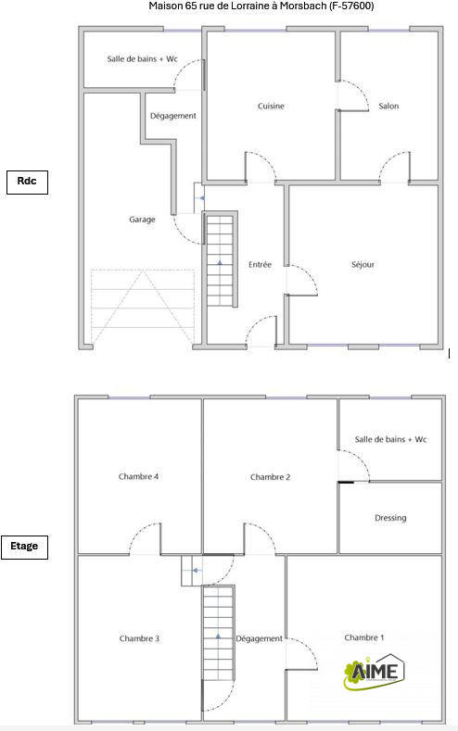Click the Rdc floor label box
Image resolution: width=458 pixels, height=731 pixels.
[x=26, y=182]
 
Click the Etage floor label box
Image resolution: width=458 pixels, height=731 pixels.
[x=25, y=546]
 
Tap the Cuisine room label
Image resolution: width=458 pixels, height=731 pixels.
[x=271, y=107]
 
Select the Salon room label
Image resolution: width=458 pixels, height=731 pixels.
[x=388, y=107]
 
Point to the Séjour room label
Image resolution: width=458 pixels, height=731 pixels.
[x=363, y=265]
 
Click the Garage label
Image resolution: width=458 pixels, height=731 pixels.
[x=142, y=220]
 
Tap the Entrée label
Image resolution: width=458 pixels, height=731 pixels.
[x=261, y=265]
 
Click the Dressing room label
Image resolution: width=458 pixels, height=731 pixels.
[x=390, y=518]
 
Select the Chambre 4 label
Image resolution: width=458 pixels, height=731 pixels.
[x=139, y=477]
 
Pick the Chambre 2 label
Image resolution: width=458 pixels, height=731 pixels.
[x=271, y=477]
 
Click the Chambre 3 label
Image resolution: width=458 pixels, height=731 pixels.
[x=139, y=638]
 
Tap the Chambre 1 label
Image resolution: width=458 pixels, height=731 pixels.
[x=363, y=637]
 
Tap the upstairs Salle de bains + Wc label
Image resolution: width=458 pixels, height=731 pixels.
[x=390, y=439]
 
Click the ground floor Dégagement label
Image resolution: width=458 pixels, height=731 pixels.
[x=173, y=116]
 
